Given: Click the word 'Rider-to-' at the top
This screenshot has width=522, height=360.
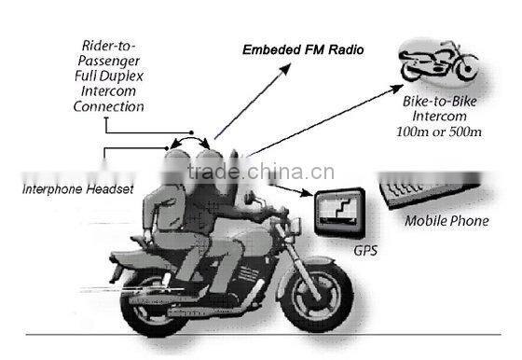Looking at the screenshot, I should coord(108,45).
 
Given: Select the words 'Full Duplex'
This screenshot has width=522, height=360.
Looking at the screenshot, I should coord(108,75).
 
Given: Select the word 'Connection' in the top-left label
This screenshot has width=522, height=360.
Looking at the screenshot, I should coord(108,106).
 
